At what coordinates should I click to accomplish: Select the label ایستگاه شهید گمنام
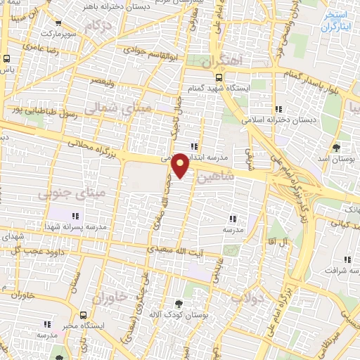216,89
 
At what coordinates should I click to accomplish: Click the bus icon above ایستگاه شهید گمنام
219,77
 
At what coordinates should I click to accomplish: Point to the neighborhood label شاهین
214,178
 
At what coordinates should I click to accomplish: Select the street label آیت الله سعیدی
173,250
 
